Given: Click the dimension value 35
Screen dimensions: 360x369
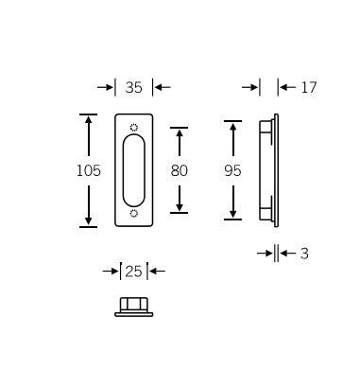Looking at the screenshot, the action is pos(133,87).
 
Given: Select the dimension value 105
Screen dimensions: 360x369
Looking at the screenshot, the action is pos(89,170).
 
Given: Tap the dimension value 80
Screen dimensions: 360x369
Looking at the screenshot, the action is pos(180,170).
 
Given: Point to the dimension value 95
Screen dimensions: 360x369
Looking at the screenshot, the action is pos(232,170).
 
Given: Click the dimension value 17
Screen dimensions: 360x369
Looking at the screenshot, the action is pos(309,87).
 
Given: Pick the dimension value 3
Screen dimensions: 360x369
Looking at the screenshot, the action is pos(304,254).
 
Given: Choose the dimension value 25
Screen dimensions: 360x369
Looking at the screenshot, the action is pos(133,272).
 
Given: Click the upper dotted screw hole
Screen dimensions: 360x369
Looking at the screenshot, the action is pos(134,128).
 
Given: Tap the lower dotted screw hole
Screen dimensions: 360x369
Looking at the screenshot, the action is pos(134,214).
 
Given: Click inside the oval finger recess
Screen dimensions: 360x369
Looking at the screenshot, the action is pos(134,170).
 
